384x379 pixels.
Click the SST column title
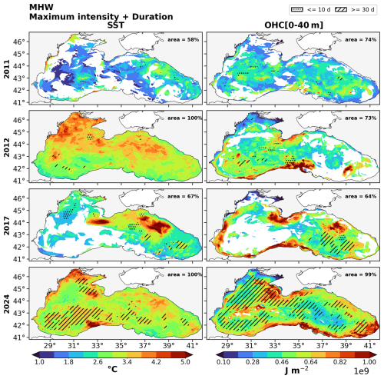coord(116,25)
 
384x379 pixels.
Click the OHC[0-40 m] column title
coord(293,25)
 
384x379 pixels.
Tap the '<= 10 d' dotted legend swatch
coord(297,10)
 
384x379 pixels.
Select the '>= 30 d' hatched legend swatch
coord(341,10)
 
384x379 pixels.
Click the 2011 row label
coord(7,69)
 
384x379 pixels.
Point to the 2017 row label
coord(7,225)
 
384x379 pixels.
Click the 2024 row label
coord(7,304)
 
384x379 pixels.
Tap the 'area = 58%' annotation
coord(184,40)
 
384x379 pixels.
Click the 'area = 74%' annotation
coord(361,40)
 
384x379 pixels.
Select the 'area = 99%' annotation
coord(361,274)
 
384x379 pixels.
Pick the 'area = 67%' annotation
coord(184,196)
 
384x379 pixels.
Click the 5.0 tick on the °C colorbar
coord(185,362)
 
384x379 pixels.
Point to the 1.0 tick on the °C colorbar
coord(39,362)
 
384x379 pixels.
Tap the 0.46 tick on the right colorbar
coord(281,362)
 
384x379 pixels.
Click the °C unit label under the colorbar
coord(112,370)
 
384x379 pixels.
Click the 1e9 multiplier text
coord(362,371)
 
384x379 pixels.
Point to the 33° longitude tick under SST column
coord(98,346)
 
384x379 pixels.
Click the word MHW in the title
coord(41,7)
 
